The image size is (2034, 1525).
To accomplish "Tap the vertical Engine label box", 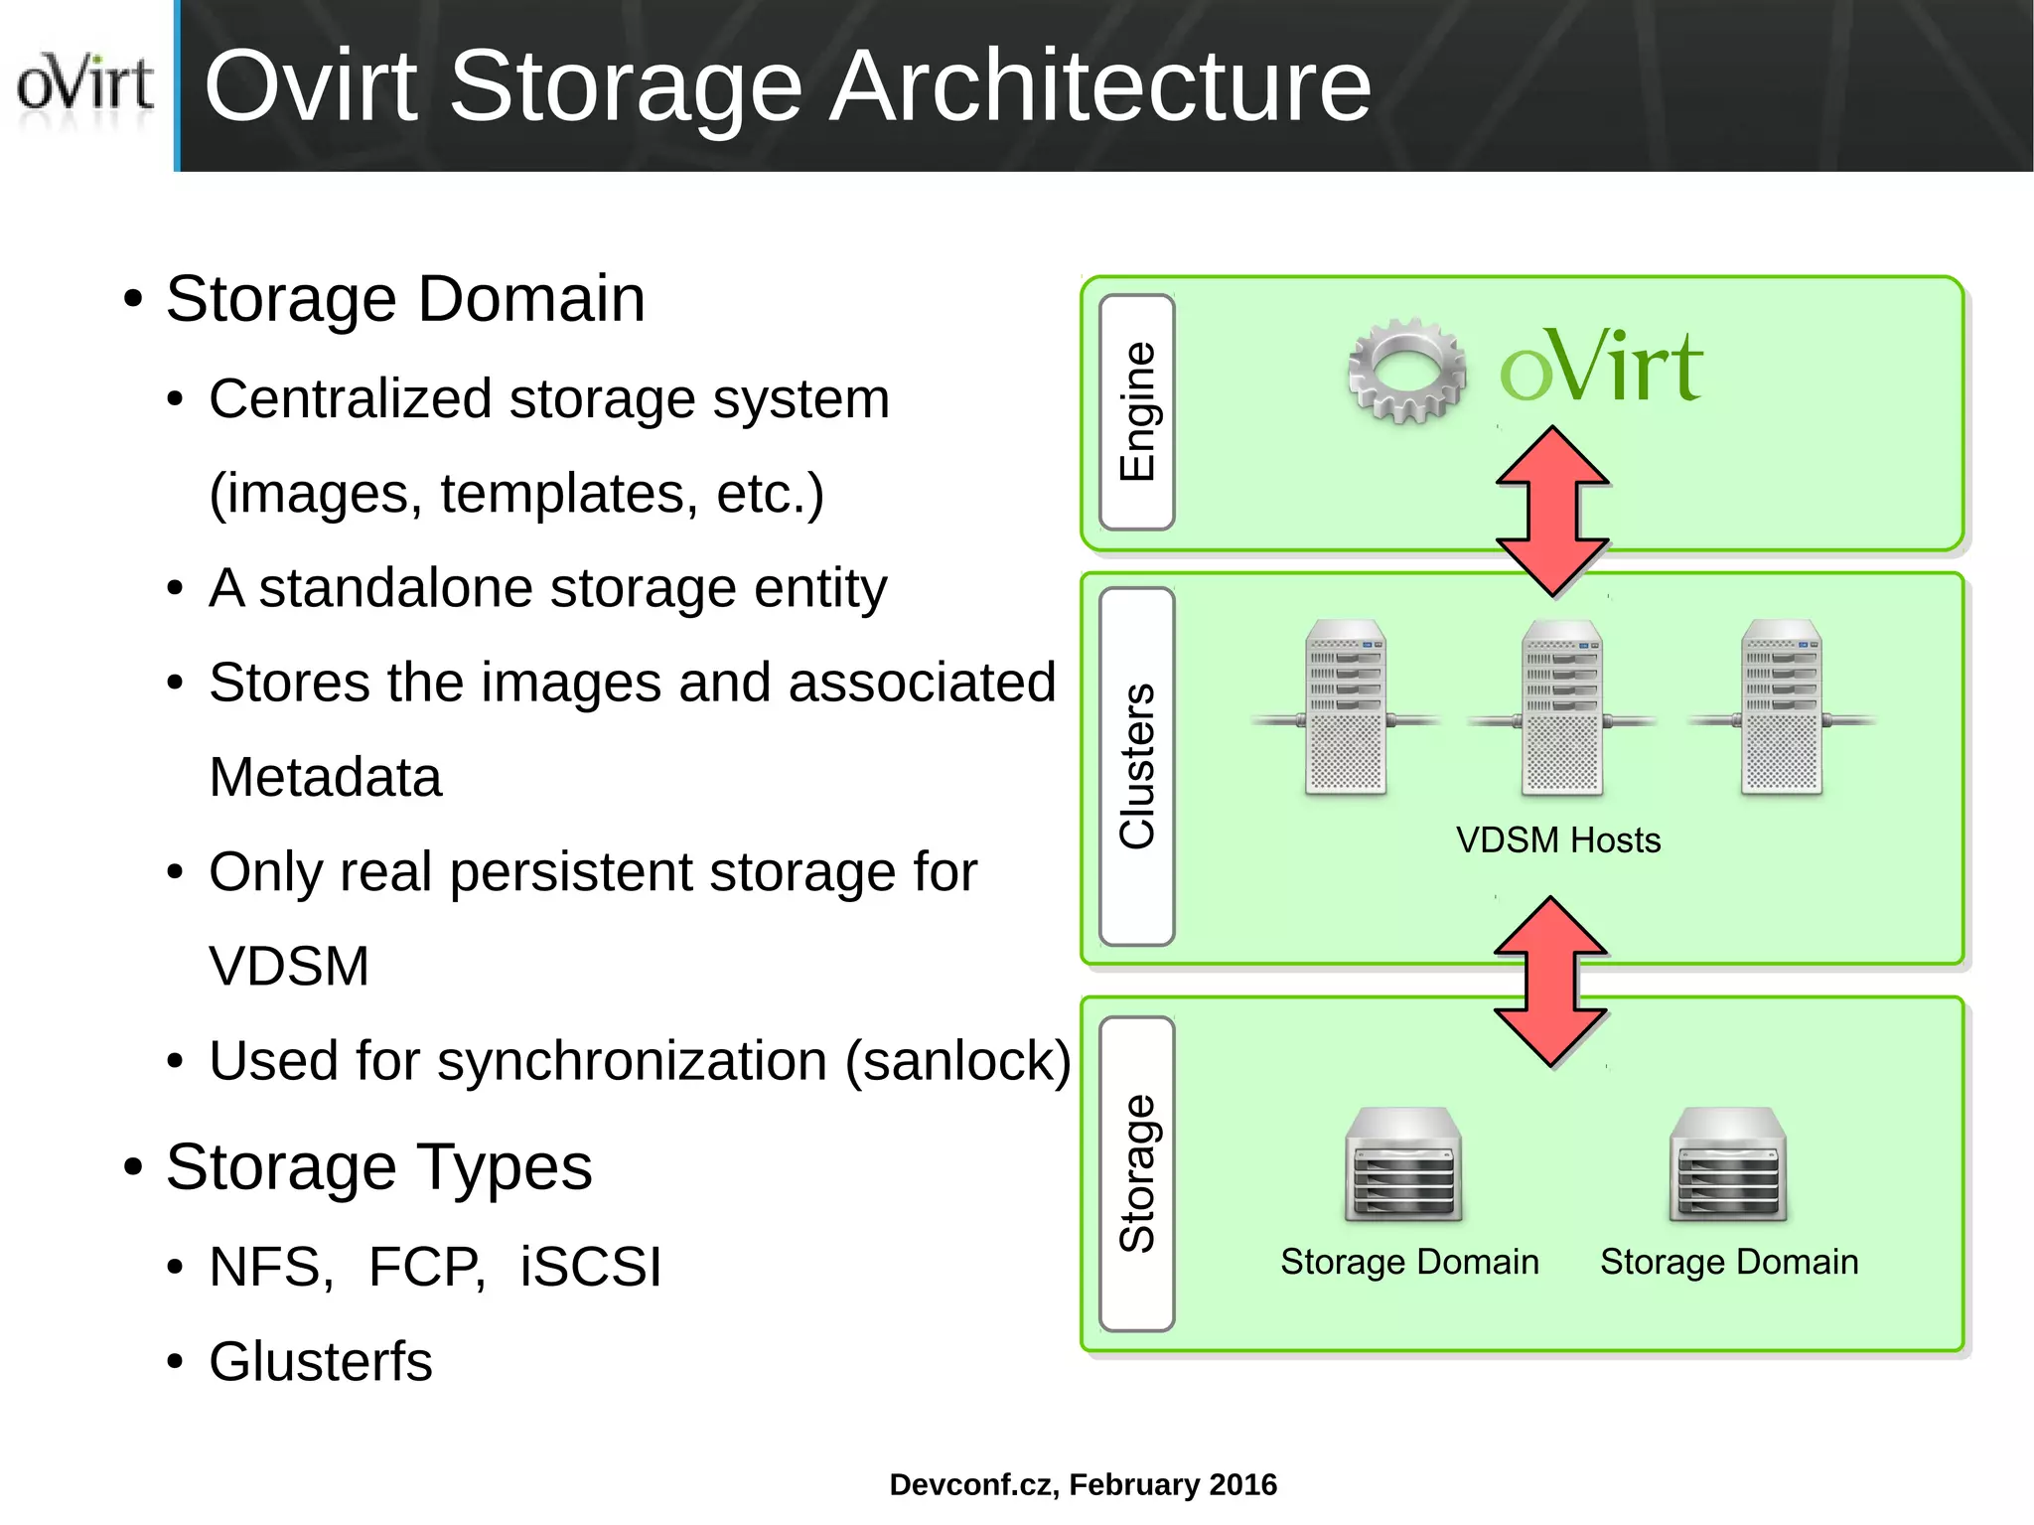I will point(1137,411).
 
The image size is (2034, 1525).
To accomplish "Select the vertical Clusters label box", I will point(1137,766).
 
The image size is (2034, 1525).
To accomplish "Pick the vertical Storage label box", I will point(1137,1173).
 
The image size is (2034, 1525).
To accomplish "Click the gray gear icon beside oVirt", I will point(1406,370).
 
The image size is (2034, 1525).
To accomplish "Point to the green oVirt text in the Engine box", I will point(1601,368).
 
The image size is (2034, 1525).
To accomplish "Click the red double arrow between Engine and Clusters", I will point(1552,512).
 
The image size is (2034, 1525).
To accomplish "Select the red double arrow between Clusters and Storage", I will point(1550,982).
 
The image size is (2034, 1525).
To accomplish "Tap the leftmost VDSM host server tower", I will point(1346,707).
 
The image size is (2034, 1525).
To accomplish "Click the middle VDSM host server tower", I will point(1561,707).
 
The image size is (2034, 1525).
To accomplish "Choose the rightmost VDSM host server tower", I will point(1781,707).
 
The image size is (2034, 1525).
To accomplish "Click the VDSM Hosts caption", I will point(1558,840).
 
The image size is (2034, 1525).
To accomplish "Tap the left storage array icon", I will point(1403,1164).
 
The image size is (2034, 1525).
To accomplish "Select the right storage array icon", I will point(1728,1164).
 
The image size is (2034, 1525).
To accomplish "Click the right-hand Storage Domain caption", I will point(1729,1262).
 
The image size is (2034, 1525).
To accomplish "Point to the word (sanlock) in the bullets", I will point(958,1061).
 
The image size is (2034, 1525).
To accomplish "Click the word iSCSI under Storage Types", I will point(591,1267).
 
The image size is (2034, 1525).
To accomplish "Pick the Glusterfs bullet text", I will point(321,1361).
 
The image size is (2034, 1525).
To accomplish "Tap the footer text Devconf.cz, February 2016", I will point(1083,1484).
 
